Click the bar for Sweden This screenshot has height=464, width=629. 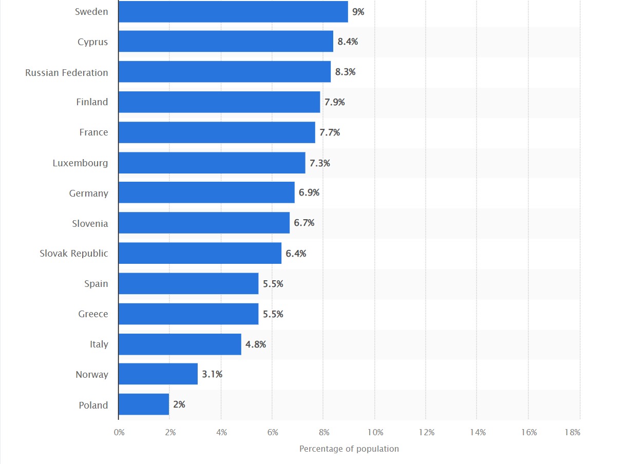pos(233,11)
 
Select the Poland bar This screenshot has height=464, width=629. pos(144,404)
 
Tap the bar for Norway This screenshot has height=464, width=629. pos(158,374)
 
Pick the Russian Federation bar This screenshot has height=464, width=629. pos(224,72)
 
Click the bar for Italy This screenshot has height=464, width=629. pos(180,344)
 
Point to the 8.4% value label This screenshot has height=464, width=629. pos(348,42)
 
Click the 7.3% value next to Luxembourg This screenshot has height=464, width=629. pos(320,163)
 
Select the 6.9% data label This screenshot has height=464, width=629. pos(309,192)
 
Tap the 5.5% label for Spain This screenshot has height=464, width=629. pos(273,283)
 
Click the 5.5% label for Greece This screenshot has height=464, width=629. pos(273,314)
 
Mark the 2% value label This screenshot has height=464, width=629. pos(179,404)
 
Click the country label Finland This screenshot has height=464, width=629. pos(92,102)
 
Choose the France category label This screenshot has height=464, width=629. pos(93,132)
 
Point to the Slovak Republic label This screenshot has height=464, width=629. pos(74,254)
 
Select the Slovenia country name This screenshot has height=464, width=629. pos(90,223)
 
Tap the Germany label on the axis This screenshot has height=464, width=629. pos(89,194)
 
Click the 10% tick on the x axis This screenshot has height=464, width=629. pos(375,432)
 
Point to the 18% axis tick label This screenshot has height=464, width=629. pos(573,432)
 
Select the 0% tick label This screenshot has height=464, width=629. pos(119,432)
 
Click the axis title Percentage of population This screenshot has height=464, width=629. pos(349,449)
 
